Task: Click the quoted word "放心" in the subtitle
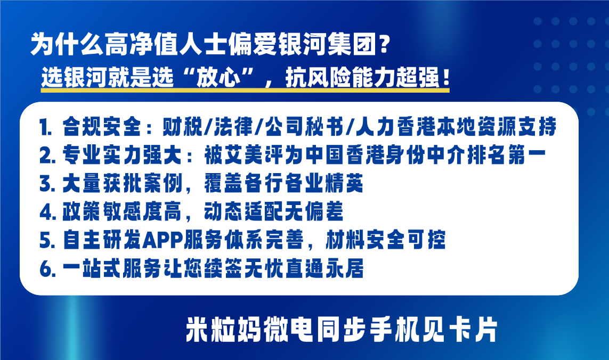point(218,77)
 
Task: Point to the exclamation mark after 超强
point(445,77)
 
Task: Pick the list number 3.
point(46,184)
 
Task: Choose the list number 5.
point(46,240)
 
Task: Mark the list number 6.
point(47,269)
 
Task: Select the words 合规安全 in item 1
point(102,127)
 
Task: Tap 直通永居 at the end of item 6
point(324,268)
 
